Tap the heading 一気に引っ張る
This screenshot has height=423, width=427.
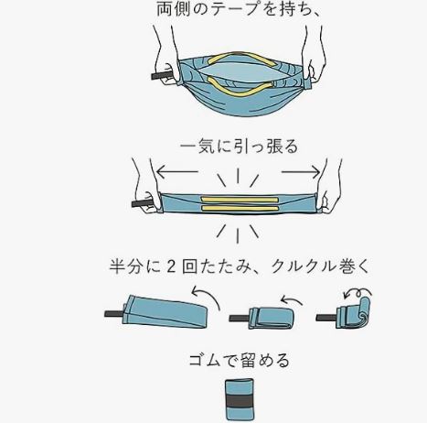click(239, 146)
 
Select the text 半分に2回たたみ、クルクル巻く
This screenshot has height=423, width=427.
click(240, 266)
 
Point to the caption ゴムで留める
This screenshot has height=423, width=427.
click(239, 360)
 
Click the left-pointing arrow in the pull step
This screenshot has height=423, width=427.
click(176, 171)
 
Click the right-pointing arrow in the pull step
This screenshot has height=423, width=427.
click(301, 172)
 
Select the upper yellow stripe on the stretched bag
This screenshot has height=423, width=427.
click(240, 200)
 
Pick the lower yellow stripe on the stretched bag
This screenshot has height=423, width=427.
click(240, 209)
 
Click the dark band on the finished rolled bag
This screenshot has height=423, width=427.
click(240, 401)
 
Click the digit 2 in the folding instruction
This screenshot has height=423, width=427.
click(172, 266)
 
